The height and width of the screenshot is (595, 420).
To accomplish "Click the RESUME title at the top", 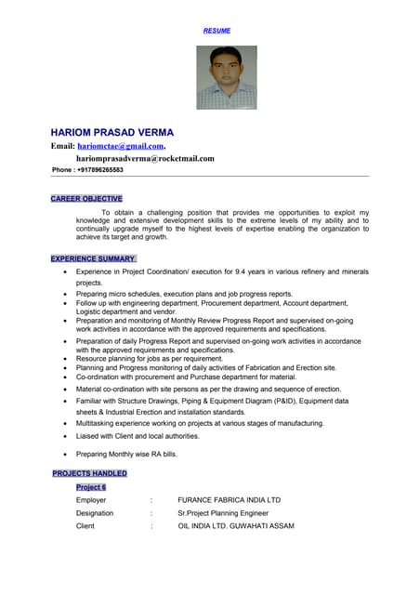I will [x=217, y=31].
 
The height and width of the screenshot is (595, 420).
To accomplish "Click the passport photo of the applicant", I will [x=226, y=78].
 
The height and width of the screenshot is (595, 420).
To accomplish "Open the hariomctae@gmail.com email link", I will [x=121, y=146].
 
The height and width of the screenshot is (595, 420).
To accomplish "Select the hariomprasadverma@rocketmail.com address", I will [x=145, y=158].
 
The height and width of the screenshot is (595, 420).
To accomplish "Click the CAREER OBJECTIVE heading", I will [x=86, y=199].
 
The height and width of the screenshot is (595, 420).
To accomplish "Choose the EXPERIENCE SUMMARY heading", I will [x=93, y=258].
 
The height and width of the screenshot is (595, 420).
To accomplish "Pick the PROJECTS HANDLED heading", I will [x=90, y=473].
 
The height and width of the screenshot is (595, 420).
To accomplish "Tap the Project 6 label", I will [x=91, y=487].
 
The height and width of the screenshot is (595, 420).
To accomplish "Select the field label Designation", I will [x=95, y=513].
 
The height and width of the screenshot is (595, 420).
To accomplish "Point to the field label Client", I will [x=86, y=526].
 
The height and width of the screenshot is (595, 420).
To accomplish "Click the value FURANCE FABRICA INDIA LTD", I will [x=229, y=500].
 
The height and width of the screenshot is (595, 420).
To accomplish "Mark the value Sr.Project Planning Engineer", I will [x=223, y=513].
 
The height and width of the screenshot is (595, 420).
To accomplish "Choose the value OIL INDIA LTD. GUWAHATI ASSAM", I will [x=236, y=526].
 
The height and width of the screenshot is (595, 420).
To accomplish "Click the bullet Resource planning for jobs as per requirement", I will [x=150, y=358].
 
